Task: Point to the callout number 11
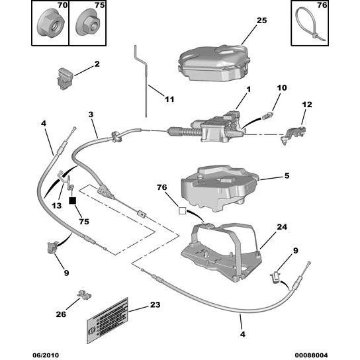169,99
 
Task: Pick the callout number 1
249,89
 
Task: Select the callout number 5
286,177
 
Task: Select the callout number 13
56,205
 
